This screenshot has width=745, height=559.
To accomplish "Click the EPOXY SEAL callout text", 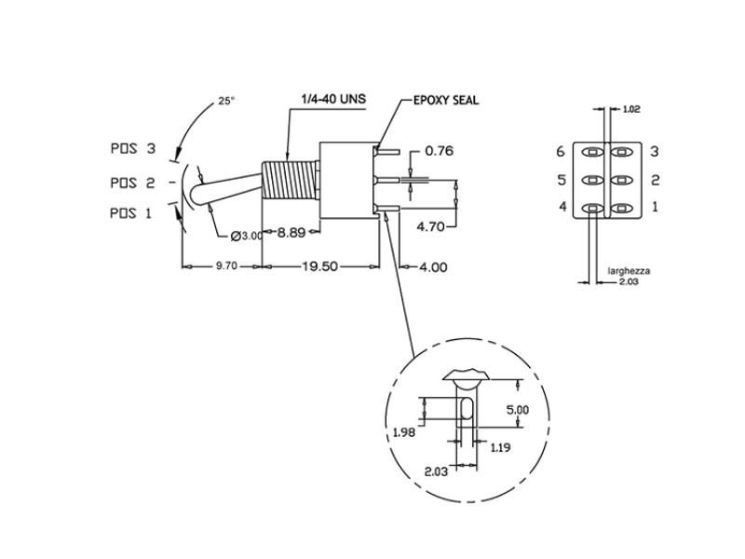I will click(446, 101).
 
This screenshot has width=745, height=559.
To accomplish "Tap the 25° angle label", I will click(226, 102).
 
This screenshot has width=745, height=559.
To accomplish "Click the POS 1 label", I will click(130, 212).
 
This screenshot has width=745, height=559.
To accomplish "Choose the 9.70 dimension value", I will click(226, 266).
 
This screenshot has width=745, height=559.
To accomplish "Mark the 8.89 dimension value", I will click(294, 233).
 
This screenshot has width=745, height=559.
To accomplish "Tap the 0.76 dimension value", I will click(439, 151).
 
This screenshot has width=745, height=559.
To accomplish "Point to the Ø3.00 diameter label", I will click(244, 235).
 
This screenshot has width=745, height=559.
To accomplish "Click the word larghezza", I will click(629, 271).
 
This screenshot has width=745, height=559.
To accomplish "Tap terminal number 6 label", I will click(561, 151).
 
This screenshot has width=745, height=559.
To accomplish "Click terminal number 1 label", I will click(655, 206).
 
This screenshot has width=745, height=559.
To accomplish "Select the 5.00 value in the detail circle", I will click(517, 410).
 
